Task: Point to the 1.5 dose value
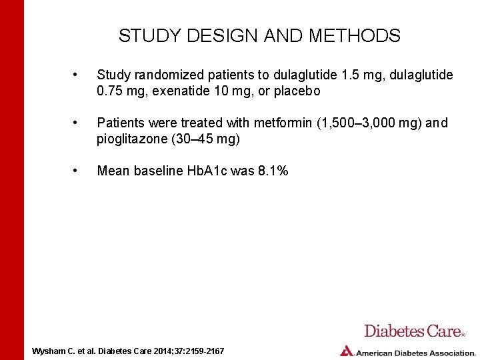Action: coord(341,75)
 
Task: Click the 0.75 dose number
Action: coord(110,91)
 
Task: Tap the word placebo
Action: coord(297,91)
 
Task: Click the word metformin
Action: coord(281,123)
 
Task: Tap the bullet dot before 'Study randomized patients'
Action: coord(77,75)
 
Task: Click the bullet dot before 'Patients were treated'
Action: coord(77,123)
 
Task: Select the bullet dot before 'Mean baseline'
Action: coord(77,171)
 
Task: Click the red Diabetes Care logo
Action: coord(414,331)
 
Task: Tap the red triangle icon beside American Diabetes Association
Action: coord(346,351)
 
